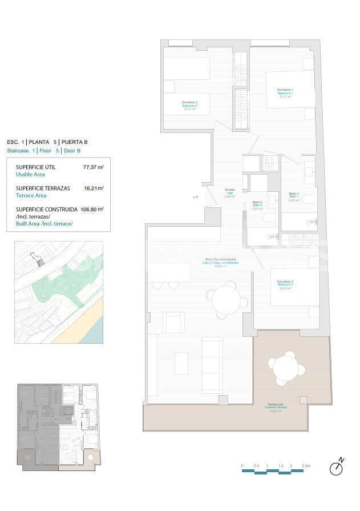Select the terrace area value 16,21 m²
(94, 188)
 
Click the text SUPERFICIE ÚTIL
(36, 167)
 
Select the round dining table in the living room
(227, 300)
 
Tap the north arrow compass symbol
(338, 468)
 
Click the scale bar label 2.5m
(307, 466)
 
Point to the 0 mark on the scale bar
(242, 466)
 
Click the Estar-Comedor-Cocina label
(222, 262)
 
